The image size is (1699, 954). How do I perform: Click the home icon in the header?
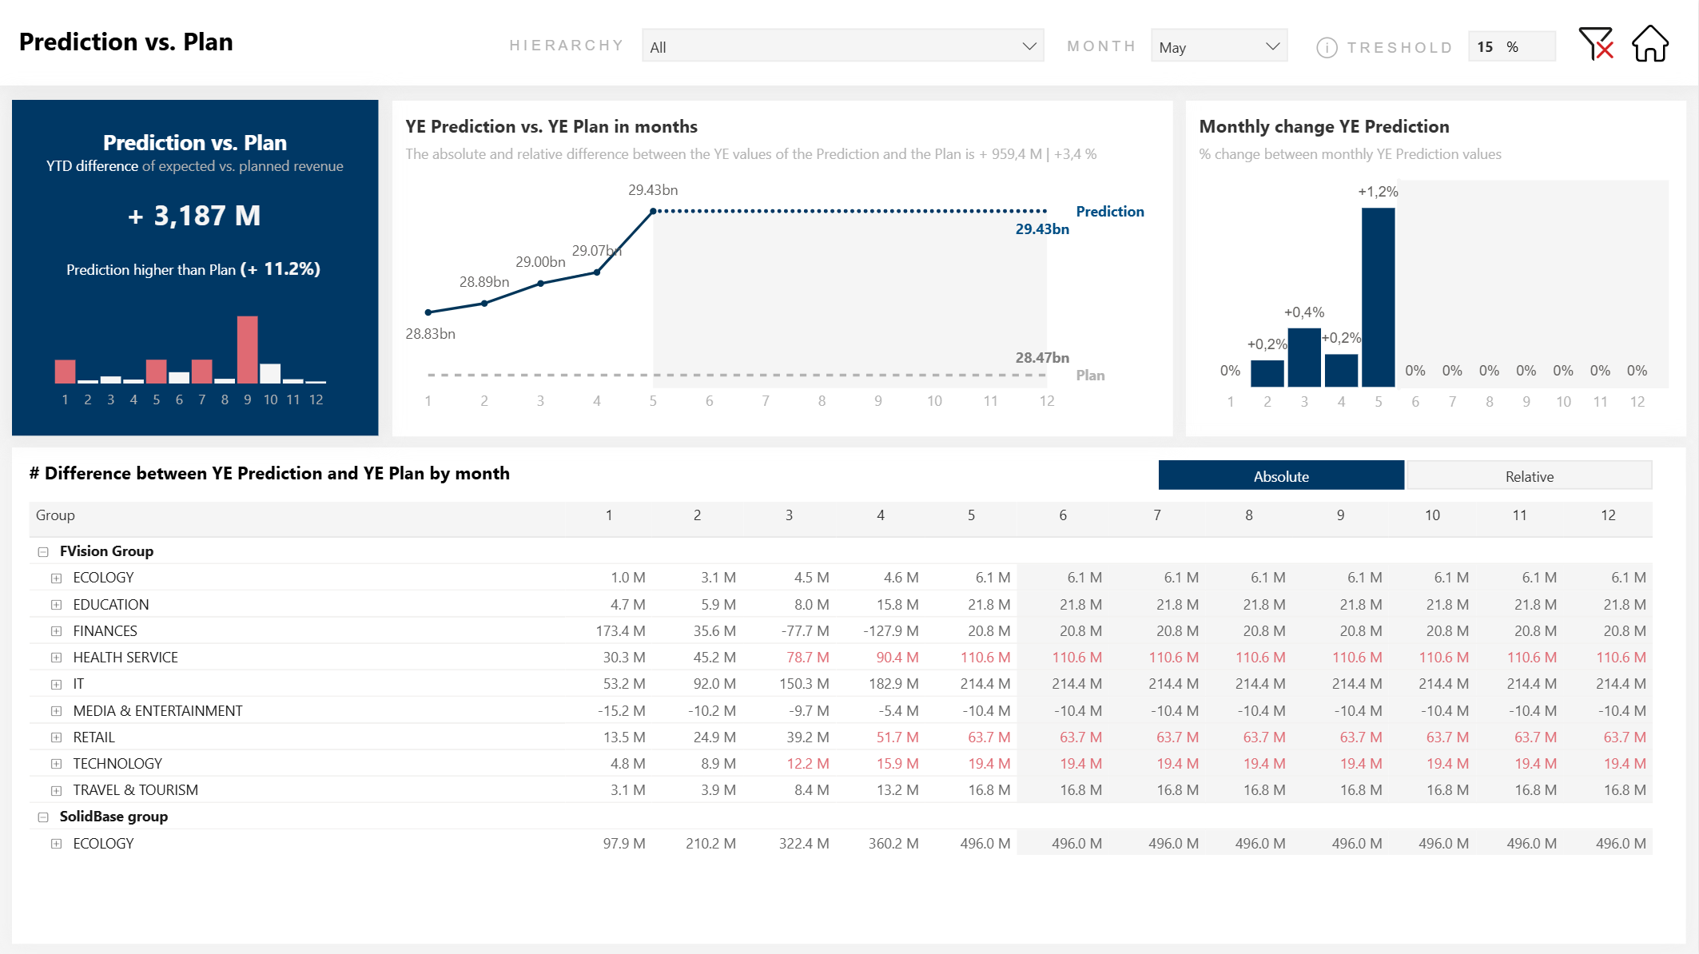(x=1649, y=44)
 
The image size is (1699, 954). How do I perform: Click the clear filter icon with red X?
(x=1596, y=44)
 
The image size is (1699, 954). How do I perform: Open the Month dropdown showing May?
(x=1219, y=46)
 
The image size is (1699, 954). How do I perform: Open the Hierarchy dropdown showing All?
(x=842, y=46)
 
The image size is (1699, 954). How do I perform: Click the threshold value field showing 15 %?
(x=1510, y=46)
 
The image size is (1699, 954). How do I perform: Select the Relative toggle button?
(x=1529, y=476)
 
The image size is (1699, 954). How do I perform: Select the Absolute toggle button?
(x=1280, y=476)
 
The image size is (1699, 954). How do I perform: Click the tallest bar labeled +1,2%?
(x=1378, y=296)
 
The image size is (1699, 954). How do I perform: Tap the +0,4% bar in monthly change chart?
(x=1304, y=357)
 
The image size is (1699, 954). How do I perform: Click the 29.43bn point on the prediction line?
(x=653, y=211)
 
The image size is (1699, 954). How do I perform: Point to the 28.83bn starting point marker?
(x=428, y=312)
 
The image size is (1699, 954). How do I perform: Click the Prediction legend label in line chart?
(x=1109, y=212)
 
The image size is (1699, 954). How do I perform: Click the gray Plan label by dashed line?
(x=1090, y=376)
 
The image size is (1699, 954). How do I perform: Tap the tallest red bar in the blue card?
(x=248, y=350)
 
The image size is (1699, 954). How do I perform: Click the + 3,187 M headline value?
(x=194, y=216)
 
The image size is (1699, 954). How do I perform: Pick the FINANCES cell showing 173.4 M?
(x=620, y=631)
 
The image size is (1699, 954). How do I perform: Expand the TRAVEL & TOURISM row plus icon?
(x=56, y=791)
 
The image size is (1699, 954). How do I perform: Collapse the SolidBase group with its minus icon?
(x=43, y=817)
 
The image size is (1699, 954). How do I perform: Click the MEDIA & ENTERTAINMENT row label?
(x=157, y=711)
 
